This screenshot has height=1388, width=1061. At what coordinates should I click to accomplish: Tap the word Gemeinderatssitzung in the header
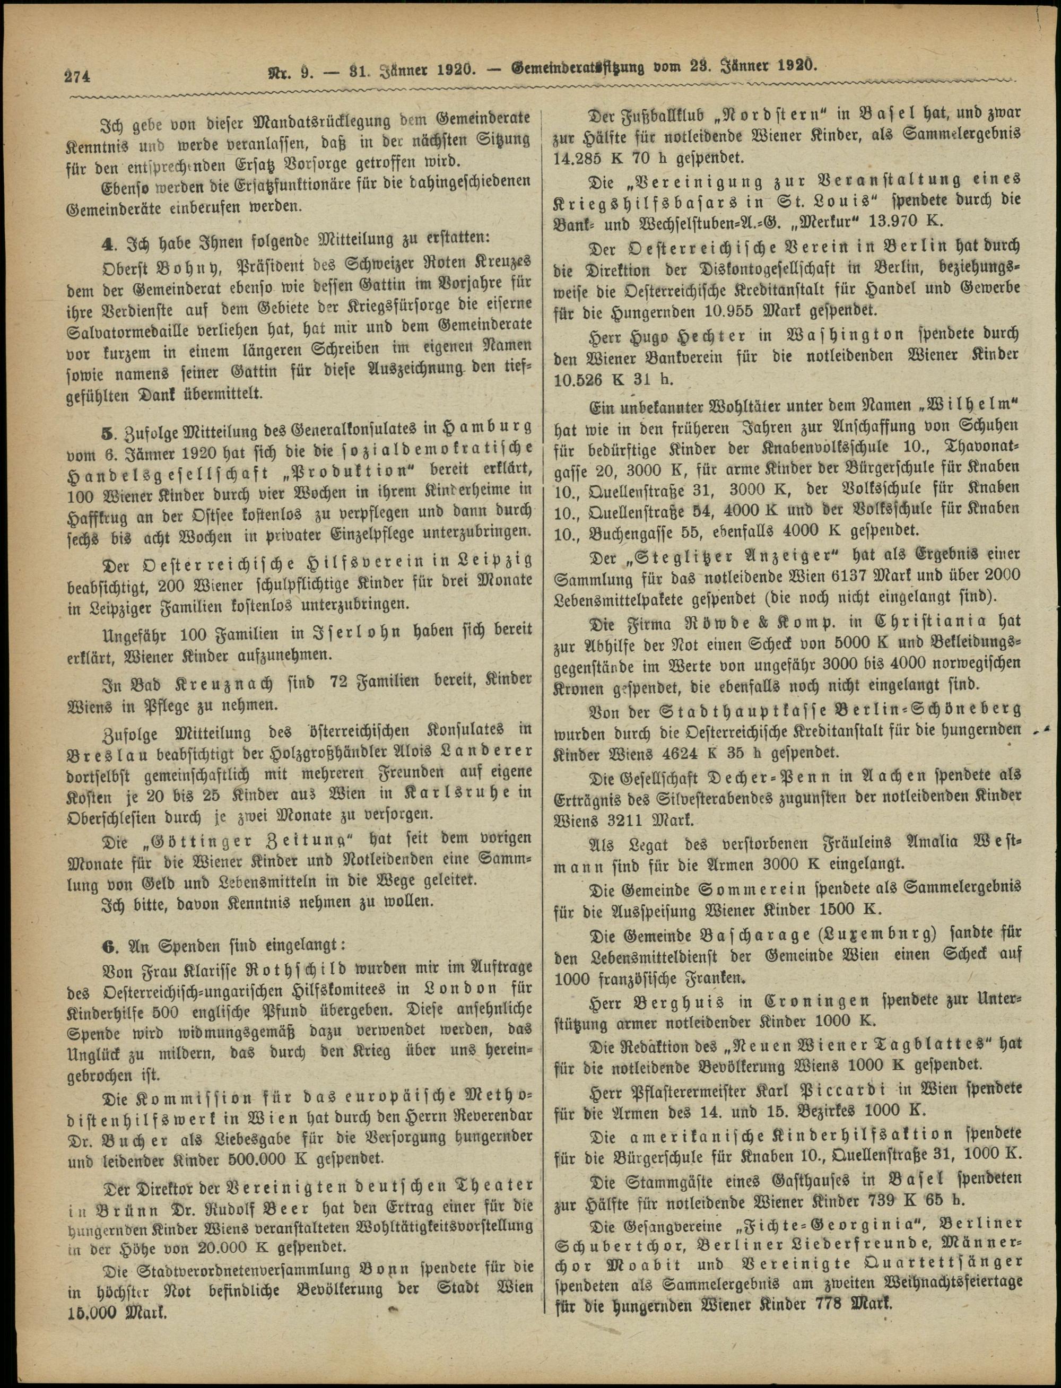tap(577, 67)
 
